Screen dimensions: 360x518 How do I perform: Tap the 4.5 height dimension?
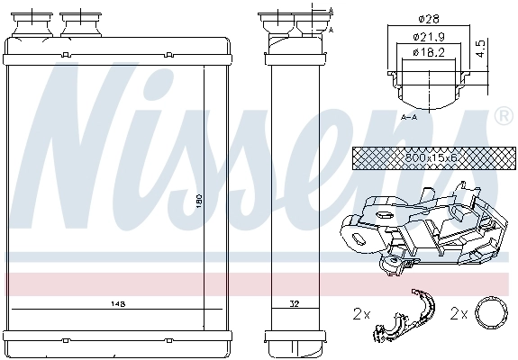(481, 47)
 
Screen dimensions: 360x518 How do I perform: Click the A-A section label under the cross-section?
(409, 117)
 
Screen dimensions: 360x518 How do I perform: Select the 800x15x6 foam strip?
(407, 157)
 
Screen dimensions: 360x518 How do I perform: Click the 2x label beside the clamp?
(361, 314)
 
